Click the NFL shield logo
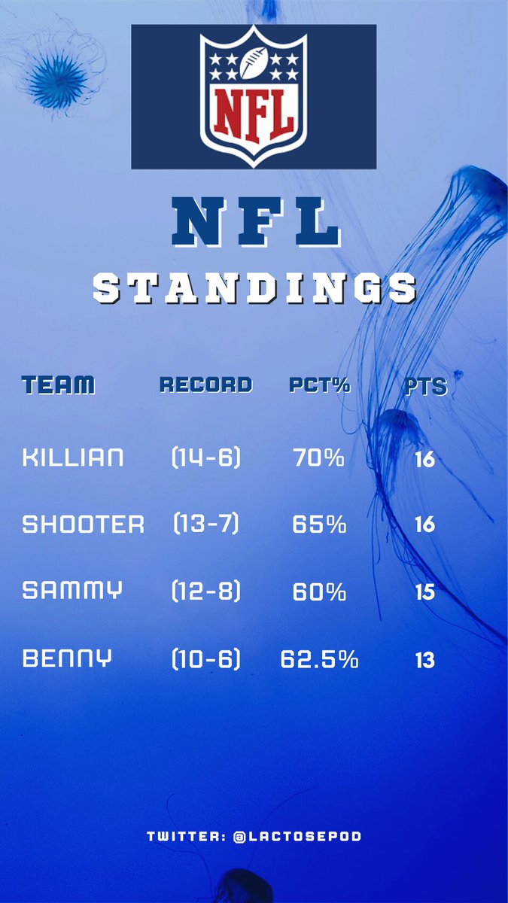(254, 96)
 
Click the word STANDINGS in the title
(254, 288)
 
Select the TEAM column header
(59, 385)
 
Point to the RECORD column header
(205, 385)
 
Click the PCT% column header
(320, 385)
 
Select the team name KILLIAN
(73, 458)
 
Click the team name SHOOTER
(84, 524)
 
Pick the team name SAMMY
(72, 591)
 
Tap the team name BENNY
(68, 659)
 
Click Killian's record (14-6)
(205, 458)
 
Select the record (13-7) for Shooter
(205, 524)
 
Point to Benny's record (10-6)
(205, 660)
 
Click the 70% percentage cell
(318, 458)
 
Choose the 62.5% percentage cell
(319, 660)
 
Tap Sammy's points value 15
(424, 592)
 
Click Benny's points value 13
(424, 661)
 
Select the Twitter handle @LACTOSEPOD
(297, 836)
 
